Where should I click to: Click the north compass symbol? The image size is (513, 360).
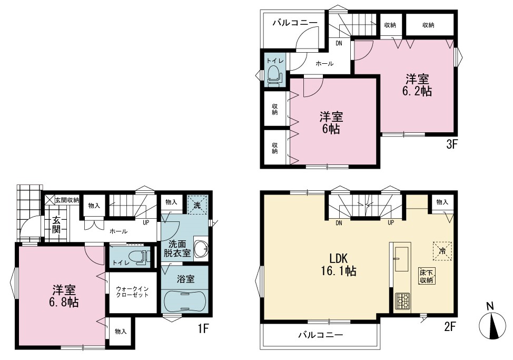tap(492, 323)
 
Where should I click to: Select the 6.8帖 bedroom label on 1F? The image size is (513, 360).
tap(64, 296)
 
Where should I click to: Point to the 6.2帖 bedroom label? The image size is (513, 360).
tap(417, 85)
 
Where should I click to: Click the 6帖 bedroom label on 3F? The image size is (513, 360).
tap(331, 123)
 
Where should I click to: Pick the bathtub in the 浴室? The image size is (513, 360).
tap(185, 300)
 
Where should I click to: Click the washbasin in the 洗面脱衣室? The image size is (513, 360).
tap(201, 249)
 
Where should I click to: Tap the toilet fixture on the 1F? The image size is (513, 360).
tap(140, 257)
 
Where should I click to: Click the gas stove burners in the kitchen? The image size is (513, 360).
tap(402, 301)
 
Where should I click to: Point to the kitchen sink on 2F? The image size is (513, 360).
tap(401, 259)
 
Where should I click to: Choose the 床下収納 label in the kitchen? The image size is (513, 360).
tap(427, 276)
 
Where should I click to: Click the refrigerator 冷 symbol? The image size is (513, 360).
tap(442, 251)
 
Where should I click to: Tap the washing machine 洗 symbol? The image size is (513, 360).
tap(197, 205)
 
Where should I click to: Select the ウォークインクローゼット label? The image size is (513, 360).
tap(132, 292)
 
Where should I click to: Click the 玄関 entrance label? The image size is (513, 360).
tap(56, 225)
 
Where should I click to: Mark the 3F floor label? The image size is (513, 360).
tap(451, 144)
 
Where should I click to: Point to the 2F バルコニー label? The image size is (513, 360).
tap(320, 335)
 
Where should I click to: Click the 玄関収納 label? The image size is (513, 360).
tap(67, 200)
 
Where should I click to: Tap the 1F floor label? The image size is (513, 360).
tap(203, 328)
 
